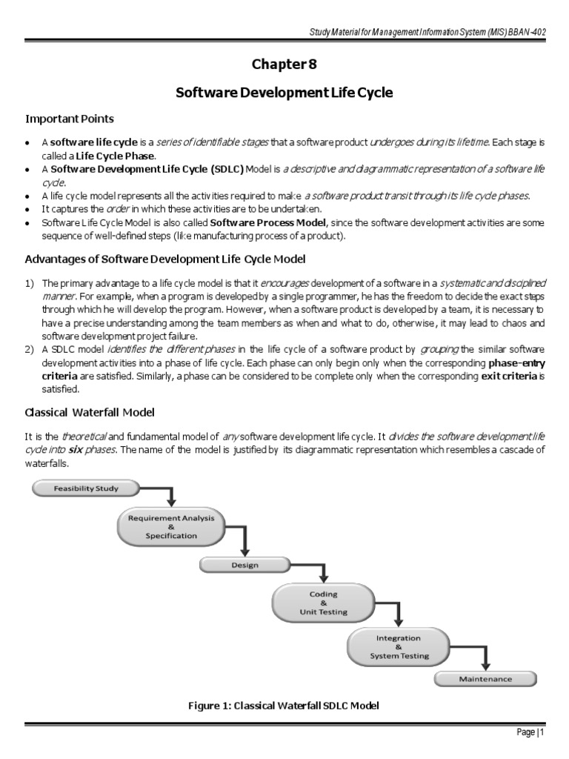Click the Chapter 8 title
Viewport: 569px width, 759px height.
284,64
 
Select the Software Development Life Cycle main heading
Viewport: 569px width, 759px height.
284,93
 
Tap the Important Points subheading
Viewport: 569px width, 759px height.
70,119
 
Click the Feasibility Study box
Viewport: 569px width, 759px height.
85,488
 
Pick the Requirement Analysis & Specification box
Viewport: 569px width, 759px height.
171,527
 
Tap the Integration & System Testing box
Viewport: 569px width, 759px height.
398,646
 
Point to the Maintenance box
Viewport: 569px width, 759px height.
485,678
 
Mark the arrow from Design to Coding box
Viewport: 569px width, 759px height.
322,574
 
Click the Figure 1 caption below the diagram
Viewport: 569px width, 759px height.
284,706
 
